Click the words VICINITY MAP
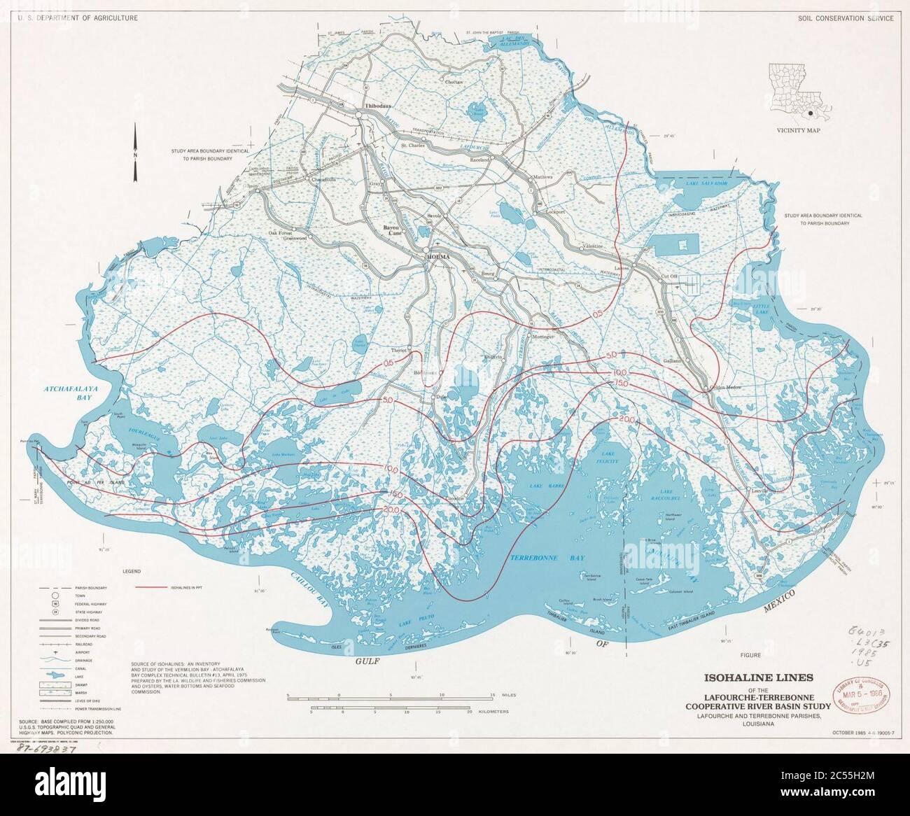(798, 130)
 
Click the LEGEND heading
(133, 571)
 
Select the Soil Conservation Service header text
(846, 18)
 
